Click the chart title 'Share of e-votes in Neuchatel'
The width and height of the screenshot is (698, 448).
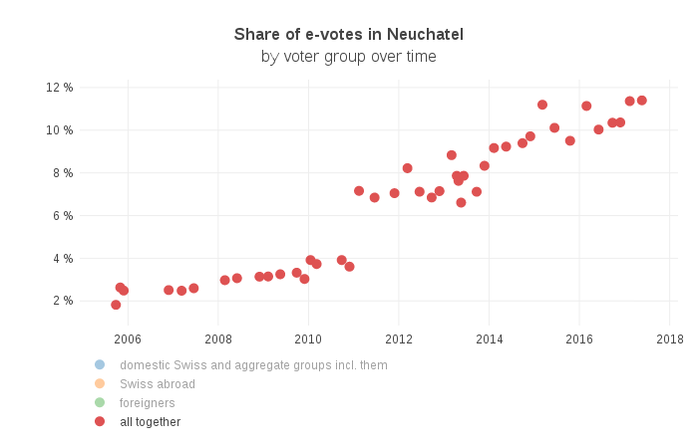click(x=349, y=35)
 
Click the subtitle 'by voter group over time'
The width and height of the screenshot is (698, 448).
click(x=349, y=57)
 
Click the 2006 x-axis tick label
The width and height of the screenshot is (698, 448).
click(x=128, y=338)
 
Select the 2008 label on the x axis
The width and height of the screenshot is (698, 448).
click(x=217, y=338)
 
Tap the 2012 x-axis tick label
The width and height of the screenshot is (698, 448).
click(x=399, y=338)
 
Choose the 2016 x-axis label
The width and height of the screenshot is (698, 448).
click(x=579, y=338)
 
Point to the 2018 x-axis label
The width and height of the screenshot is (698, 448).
click(x=669, y=338)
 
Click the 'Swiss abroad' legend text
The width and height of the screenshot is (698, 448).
click(x=158, y=384)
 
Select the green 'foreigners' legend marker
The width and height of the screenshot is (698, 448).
click(x=100, y=403)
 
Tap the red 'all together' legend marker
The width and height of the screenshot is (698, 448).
click(x=100, y=422)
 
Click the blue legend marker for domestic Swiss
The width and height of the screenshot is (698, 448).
click(x=100, y=365)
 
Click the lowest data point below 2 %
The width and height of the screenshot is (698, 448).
click(x=116, y=305)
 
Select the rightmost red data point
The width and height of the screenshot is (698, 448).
click(x=642, y=101)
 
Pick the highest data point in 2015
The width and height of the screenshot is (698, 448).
click(x=542, y=105)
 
